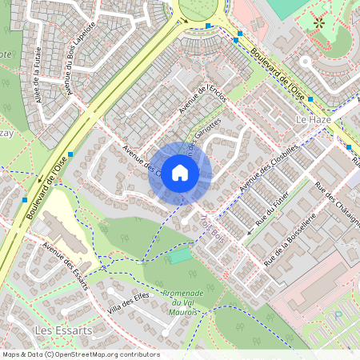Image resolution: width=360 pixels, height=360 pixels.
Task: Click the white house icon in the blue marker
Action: coord(180,173)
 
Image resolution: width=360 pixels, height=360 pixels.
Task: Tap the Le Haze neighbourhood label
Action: coord(314,119)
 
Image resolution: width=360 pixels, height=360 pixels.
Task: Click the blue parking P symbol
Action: coord(337,315)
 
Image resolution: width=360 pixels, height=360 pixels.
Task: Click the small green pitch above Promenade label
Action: coord(181,256)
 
